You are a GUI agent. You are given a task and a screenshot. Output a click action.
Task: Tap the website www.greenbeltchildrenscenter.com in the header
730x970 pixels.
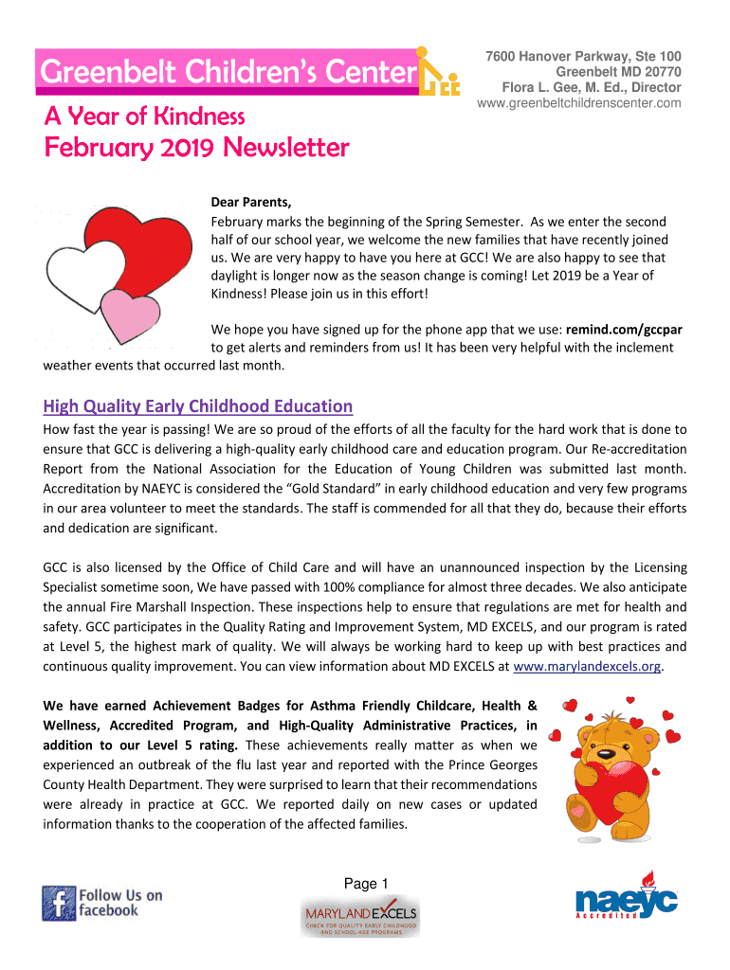(578, 102)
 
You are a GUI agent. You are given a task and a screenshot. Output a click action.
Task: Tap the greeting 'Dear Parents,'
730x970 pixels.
(251, 203)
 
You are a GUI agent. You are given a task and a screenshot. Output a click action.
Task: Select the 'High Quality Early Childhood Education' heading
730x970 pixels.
(198, 406)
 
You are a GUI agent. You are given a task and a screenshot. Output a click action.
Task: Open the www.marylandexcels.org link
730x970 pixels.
(586, 666)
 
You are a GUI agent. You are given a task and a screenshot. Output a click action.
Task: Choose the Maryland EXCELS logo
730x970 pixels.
(359, 917)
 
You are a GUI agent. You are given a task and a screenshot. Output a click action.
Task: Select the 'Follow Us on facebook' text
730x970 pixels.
(119, 902)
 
